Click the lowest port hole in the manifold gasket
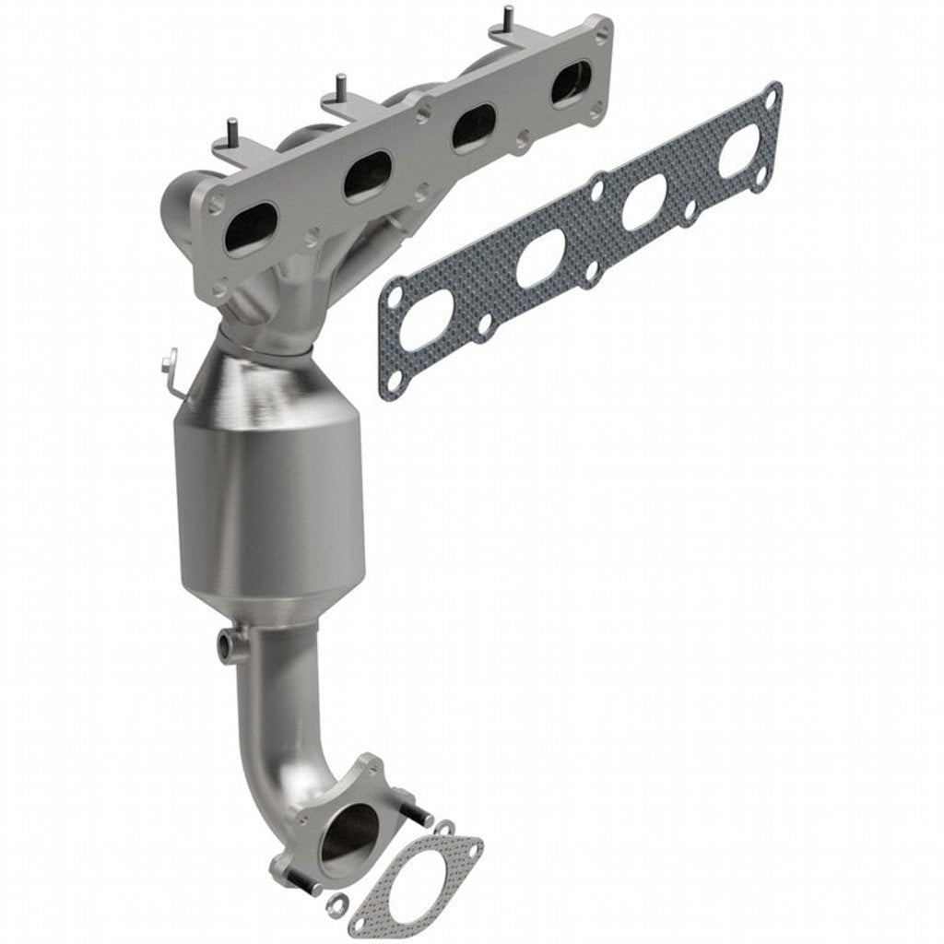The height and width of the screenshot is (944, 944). tap(425, 323)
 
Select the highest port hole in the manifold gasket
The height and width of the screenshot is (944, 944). tap(738, 153)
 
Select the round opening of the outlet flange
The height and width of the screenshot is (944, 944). tap(348, 833)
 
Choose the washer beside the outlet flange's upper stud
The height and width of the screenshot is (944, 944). tap(445, 827)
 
